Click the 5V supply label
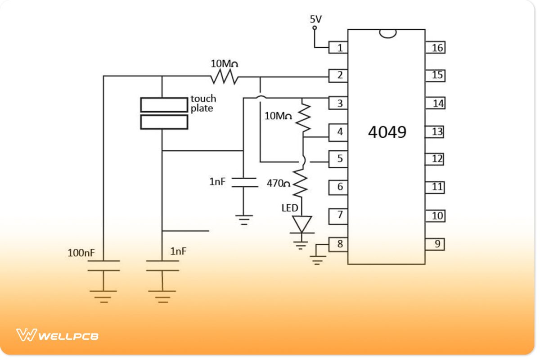coord(315,19)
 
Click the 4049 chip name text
coord(387,132)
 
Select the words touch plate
coord(203,103)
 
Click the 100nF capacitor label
coord(81,253)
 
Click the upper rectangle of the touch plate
coord(164,104)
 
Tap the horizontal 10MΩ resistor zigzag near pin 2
coord(224,77)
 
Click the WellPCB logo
coord(58,335)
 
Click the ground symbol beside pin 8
coord(318,259)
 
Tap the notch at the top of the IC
coord(387,33)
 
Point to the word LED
coord(290,208)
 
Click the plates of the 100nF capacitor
coord(103,265)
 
